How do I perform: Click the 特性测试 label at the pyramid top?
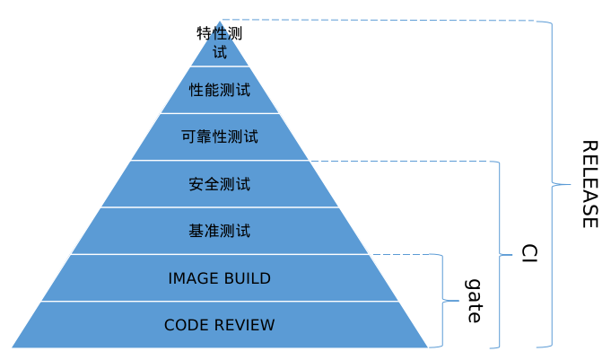(x=220, y=42)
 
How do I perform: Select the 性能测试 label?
(x=220, y=91)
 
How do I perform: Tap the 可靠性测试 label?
(x=220, y=137)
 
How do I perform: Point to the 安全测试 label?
(x=220, y=185)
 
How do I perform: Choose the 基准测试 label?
(x=220, y=232)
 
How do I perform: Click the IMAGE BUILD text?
(x=220, y=278)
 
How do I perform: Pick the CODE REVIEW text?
(x=220, y=325)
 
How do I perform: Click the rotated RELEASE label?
(x=589, y=184)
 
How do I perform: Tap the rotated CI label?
(x=528, y=253)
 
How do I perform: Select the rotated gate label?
(x=474, y=301)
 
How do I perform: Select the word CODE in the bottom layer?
(x=186, y=325)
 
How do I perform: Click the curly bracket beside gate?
(x=442, y=301)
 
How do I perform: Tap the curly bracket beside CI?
(x=499, y=253)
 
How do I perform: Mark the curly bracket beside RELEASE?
(x=551, y=184)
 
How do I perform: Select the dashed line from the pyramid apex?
(x=377, y=20)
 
